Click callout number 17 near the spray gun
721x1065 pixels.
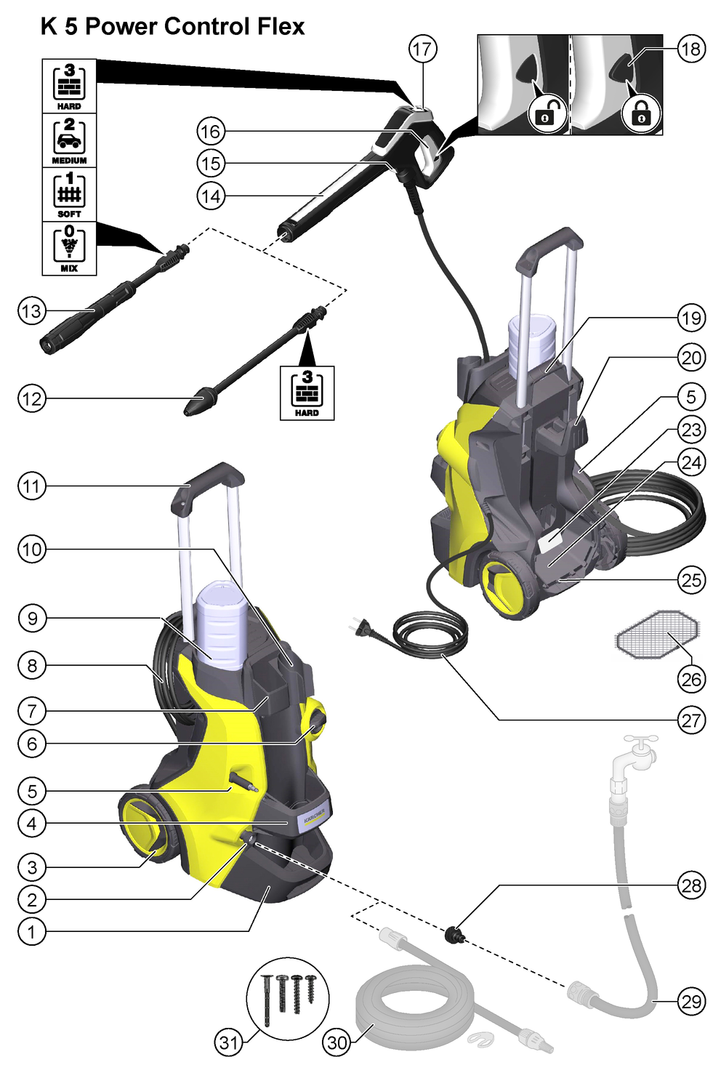pos(422,49)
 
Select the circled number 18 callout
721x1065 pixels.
pos(690,49)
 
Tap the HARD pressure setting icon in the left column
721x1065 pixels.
pos(69,86)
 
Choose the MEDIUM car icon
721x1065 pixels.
pos(69,140)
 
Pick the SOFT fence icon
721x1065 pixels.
pos(69,193)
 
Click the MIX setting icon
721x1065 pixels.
pos(69,247)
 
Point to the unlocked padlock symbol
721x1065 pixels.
pos(547,113)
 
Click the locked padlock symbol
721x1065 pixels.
pos(641,113)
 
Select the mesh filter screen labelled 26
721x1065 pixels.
pos(657,634)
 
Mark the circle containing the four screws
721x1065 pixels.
pos(288,998)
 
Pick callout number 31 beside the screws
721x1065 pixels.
pos(229,1042)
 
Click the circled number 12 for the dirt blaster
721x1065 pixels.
pos(31,398)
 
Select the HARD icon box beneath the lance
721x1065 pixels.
pos(307,393)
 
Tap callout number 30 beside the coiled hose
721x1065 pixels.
pos(337,1042)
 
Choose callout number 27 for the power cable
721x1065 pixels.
pos(690,720)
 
